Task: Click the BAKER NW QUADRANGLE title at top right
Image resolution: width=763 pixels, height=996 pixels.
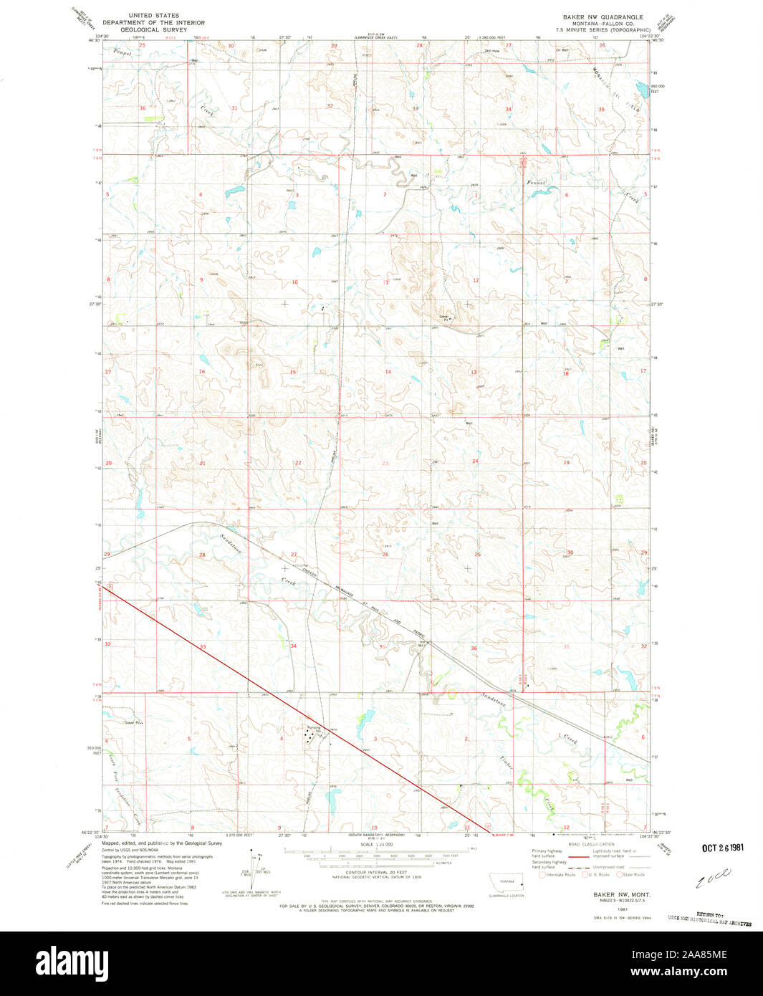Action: pos(602,16)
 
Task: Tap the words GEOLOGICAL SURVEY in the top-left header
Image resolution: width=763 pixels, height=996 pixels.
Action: pos(153,30)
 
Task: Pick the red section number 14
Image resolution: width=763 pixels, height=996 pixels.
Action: pos(388,372)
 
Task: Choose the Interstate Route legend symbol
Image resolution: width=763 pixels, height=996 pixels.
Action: pos(542,874)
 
